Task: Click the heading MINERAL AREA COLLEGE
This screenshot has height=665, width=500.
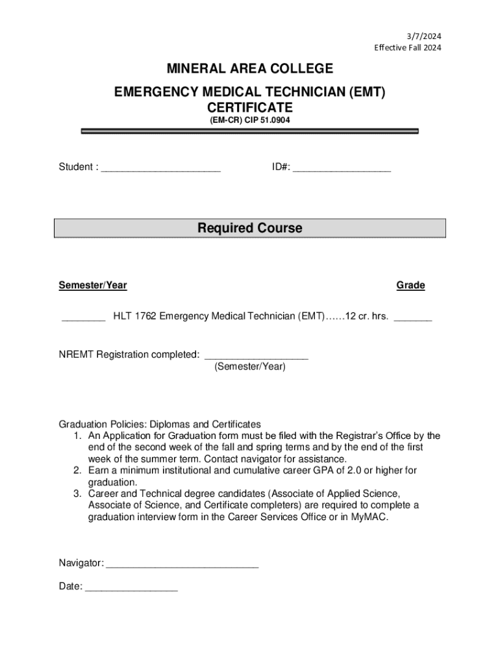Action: (x=250, y=69)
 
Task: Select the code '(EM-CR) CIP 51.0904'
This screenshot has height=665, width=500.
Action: (x=250, y=120)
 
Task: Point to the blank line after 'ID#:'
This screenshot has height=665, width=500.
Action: (x=342, y=168)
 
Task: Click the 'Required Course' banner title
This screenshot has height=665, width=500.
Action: (x=250, y=229)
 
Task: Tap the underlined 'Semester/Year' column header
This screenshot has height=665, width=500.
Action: (x=93, y=285)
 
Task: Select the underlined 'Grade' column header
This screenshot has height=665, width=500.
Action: (x=410, y=285)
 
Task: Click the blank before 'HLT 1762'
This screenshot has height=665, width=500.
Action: (x=84, y=318)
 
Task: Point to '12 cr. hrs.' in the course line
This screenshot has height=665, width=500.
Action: (x=367, y=317)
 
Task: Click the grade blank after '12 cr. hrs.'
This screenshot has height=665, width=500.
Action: (x=413, y=318)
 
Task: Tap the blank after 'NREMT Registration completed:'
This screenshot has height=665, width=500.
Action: (x=256, y=356)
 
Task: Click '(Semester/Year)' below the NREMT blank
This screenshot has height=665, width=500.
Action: (x=250, y=367)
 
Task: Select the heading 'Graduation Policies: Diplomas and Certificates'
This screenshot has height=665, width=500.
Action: (x=160, y=424)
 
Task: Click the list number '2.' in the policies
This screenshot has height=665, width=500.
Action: (x=77, y=470)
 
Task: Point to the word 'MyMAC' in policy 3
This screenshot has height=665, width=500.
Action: (x=372, y=518)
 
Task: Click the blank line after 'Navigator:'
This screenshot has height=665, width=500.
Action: (x=182, y=564)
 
